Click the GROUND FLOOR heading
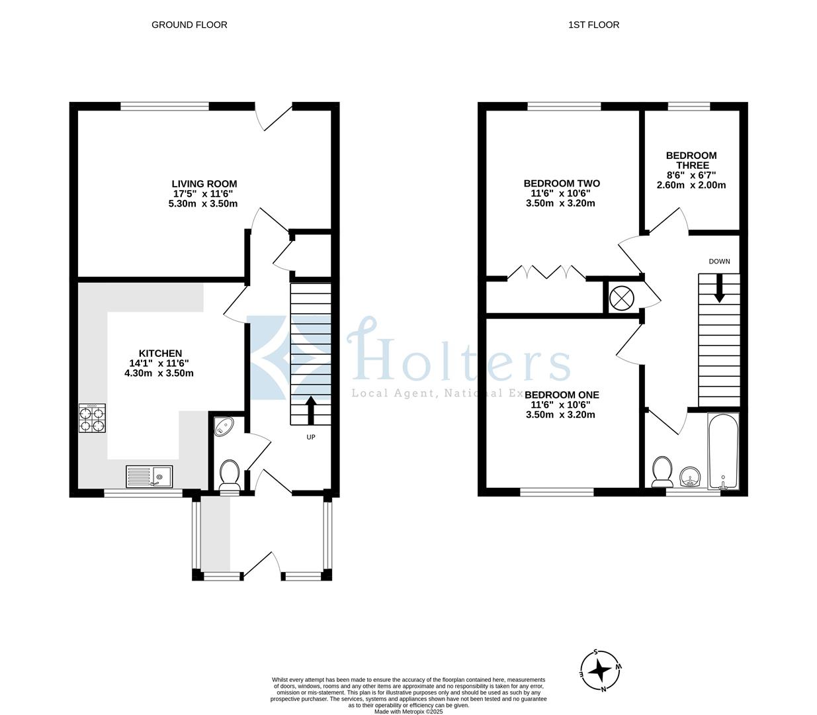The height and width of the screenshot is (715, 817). click(x=189, y=25)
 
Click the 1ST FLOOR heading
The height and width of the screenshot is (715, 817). click(x=593, y=25)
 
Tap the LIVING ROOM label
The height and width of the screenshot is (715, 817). click(x=204, y=184)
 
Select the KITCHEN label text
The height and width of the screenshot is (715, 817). click(x=159, y=354)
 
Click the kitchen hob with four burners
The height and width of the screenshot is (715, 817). click(x=92, y=419)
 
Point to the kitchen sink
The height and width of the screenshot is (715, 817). click(x=150, y=476)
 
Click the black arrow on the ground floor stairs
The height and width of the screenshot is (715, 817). click(x=310, y=410)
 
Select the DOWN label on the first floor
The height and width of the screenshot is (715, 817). click(x=719, y=262)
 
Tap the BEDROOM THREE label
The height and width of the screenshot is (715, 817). click(x=691, y=160)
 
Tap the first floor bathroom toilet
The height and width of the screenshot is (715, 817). click(x=660, y=471)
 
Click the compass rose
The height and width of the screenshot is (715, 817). click(x=601, y=670)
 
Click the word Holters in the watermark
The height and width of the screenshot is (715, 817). click(x=458, y=358)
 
